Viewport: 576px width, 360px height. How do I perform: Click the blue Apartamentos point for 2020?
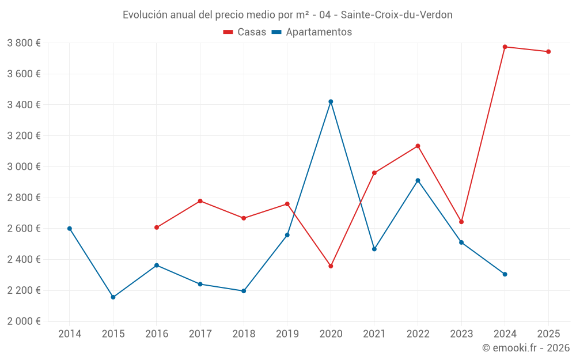pyautogui.click(x=331, y=101)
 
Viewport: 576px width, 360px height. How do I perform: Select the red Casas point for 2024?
pyautogui.click(x=505, y=47)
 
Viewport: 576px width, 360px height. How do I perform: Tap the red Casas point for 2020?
pyautogui.click(x=331, y=266)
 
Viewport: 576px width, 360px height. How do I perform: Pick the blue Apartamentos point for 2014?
pyautogui.click(x=70, y=229)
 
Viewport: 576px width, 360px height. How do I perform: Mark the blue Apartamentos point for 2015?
pyautogui.click(x=113, y=297)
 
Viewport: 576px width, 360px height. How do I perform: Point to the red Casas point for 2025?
pyautogui.click(x=548, y=52)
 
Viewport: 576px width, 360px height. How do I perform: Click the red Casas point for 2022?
pyautogui.click(x=418, y=146)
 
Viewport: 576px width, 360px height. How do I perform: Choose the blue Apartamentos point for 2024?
pyautogui.click(x=505, y=274)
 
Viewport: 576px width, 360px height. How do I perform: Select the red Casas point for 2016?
pyautogui.click(x=157, y=228)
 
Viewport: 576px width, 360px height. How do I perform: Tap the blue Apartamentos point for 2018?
pyautogui.click(x=244, y=291)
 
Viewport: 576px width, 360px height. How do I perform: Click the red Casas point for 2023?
pyautogui.click(x=461, y=222)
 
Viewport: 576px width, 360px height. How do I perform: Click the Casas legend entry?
pyautogui.click(x=245, y=32)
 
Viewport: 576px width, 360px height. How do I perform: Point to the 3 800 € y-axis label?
pyautogui.click(x=24, y=43)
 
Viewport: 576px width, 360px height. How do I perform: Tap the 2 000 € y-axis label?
pyautogui.click(x=24, y=321)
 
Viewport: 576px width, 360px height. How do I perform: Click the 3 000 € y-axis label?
pyautogui.click(x=24, y=166)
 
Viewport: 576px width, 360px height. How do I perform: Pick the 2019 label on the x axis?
pyautogui.click(x=287, y=334)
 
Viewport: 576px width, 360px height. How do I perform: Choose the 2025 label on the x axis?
pyautogui.click(x=548, y=334)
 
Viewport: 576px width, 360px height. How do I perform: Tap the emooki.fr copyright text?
pyautogui.click(x=525, y=348)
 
